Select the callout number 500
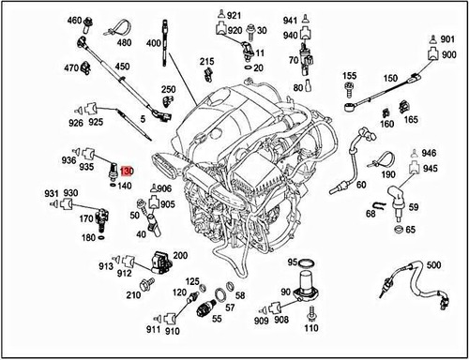click(431, 265)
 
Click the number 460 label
click(74, 20)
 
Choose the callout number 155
click(349, 75)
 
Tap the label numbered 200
click(180, 255)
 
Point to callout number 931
click(53, 192)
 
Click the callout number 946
click(429, 153)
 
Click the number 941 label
click(291, 20)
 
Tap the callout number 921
click(234, 15)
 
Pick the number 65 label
click(411, 229)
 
